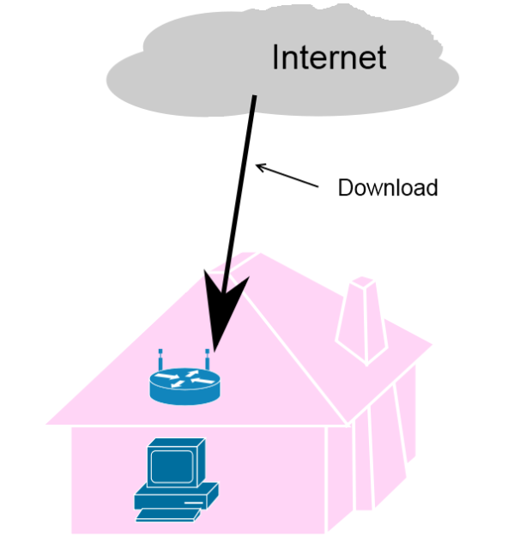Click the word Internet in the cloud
tap(329, 57)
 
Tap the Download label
tap(387, 187)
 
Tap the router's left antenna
tap(160, 359)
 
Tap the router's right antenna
tap(208, 359)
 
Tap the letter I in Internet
tap(277, 57)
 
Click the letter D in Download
tap(345, 187)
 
